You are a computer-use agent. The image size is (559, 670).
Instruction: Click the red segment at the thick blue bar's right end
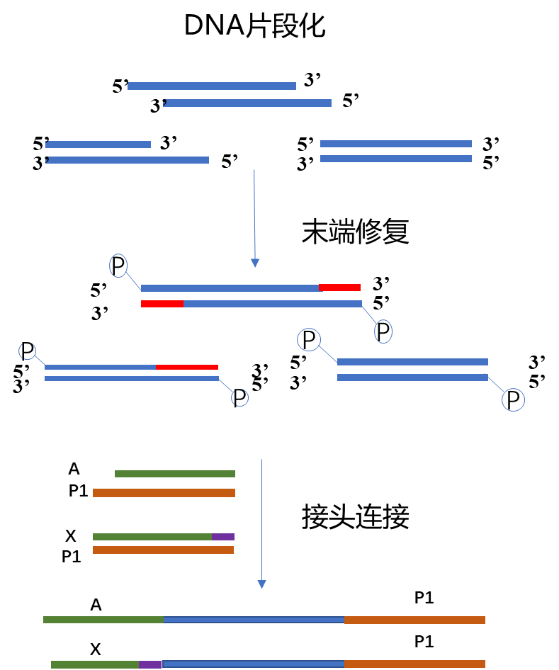click(339, 288)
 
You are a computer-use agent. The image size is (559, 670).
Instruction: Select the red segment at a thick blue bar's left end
click(162, 304)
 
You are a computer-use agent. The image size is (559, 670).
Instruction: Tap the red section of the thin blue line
click(186, 367)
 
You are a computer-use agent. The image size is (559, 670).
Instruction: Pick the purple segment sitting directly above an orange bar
click(223, 537)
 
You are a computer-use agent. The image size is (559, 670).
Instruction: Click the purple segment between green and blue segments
click(150, 664)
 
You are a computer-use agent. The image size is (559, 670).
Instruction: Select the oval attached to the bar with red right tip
click(118, 266)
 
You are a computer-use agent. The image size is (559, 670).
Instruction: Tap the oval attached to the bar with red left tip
click(383, 331)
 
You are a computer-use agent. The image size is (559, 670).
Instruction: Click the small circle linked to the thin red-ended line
click(27, 351)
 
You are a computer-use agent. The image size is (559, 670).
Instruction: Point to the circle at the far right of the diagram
click(513, 400)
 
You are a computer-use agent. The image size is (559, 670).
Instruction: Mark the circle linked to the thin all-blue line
click(240, 398)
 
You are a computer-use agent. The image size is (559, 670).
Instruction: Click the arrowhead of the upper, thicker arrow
click(255, 263)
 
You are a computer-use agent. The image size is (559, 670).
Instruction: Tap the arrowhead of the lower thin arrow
click(261, 585)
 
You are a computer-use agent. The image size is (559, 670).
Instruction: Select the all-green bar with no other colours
click(175, 474)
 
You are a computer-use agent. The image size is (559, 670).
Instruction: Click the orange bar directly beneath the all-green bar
click(164, 493)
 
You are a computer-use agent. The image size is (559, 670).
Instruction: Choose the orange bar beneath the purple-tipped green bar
click(163, 550)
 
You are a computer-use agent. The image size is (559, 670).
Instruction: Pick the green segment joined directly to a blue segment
click(103, 620)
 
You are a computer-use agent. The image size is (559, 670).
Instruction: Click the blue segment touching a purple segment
click(253, 664)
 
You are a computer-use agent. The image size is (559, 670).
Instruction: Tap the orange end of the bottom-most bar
click(414, 664)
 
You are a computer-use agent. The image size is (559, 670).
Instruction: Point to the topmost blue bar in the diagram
click(212, 86)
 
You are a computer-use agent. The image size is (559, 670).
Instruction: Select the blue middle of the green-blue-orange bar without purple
click(254, 620)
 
